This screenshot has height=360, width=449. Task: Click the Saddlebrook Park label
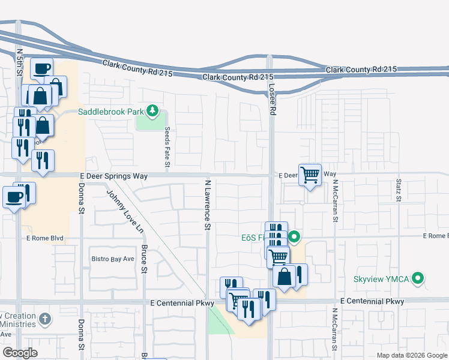point(111,112)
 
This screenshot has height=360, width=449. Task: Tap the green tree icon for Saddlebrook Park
point(153,110)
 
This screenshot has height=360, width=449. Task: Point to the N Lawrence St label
point(208,205)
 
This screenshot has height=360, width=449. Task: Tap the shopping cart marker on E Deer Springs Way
point(310,176)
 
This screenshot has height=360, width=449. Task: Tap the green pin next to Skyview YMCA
point(419,279)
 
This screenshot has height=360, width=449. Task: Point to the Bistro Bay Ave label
point(113,259)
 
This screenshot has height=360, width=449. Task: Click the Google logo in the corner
point(20,352)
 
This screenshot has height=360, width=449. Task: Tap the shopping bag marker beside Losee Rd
point(284,277)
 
